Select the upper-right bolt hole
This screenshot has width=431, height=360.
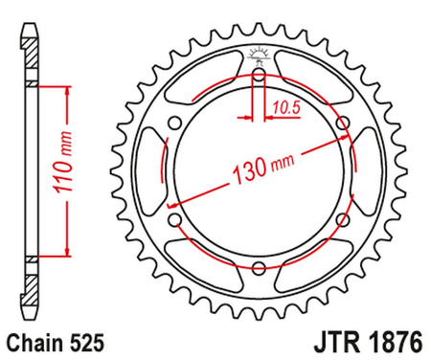point(345,122)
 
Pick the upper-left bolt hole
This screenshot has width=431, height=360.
point(173,122)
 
